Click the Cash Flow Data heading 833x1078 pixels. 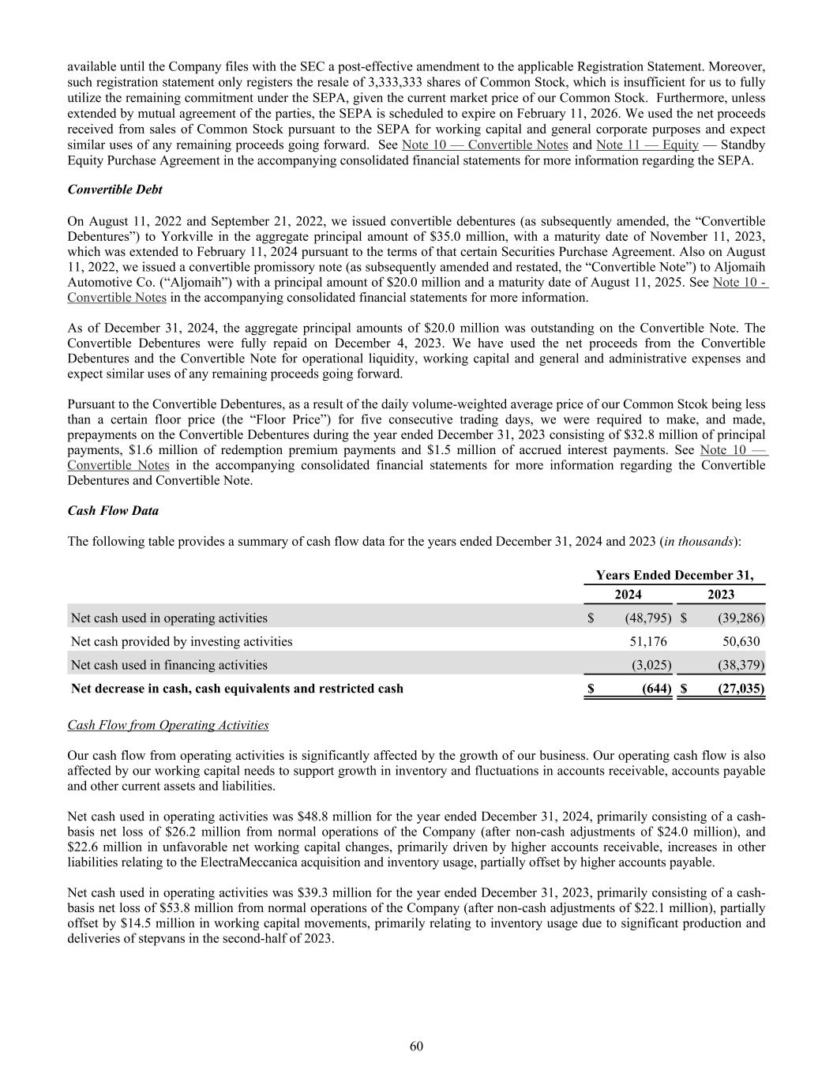(x=113, y=511)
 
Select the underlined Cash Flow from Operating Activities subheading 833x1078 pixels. (x=168, y=725)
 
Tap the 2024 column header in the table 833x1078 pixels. (x=628, y=595)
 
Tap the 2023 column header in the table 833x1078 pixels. (x=721, y=595)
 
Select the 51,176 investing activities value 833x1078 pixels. (x=645, y=641)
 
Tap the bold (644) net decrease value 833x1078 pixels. (x=655, y=688)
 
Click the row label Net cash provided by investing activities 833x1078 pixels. (x=182, y=641)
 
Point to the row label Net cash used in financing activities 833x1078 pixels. (x=169, y=665)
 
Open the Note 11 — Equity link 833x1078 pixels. (x=647, y=145)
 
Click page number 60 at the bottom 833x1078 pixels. (x=416, y=1046)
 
